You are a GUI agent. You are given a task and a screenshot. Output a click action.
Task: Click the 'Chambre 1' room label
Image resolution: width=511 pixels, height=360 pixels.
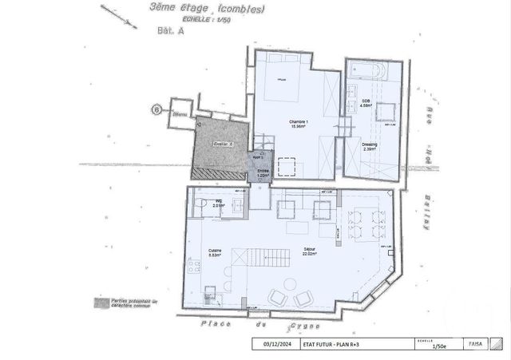[x=299, y=123]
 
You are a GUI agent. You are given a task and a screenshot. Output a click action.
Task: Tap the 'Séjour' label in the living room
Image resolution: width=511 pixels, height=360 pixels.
[x=308, y=250]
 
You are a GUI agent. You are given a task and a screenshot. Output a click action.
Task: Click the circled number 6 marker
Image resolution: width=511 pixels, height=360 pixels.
[x=157, y=109]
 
